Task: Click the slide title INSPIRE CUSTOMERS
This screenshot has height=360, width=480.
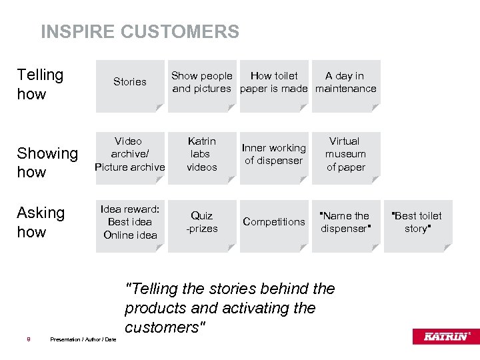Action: coord(140,31)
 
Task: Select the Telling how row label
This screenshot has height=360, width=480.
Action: coord(40,84)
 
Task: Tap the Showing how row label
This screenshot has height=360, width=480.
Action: coord(47,162)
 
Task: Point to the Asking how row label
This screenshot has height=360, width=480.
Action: coord(41,222)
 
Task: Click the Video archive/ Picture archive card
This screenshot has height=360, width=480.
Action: coord(130,155)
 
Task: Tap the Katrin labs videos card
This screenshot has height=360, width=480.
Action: coord(202,155)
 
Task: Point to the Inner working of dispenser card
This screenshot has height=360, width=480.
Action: coord(274,155)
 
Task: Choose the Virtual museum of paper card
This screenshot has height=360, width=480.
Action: coord(345,155)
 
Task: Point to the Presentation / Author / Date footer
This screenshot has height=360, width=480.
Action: coord(83,339)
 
